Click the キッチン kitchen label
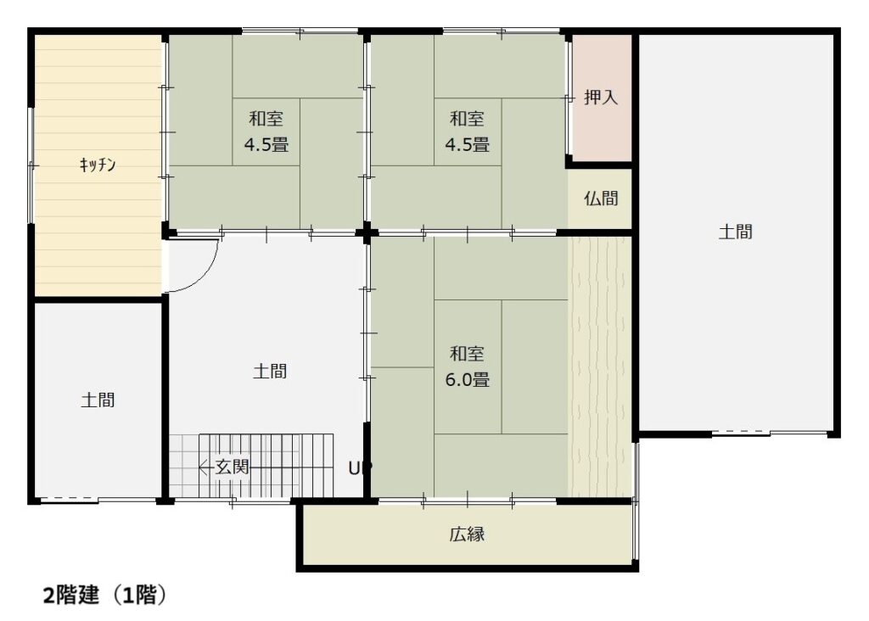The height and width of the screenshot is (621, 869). (x=98, y=165)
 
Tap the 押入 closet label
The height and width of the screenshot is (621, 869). (x=601, y=98)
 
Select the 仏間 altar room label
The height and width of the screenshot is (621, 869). (x=601, y=199)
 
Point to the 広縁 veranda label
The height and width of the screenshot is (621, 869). (x=468, y=534)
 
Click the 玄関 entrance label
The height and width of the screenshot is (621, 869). (x=233, y=467)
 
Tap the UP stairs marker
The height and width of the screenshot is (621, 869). (x=360, y=468)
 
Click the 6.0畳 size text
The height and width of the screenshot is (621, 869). (x=468, y=380)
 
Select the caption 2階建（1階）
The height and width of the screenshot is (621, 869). (x=104, y=596)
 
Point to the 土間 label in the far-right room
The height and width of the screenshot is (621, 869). (x=736, y=232)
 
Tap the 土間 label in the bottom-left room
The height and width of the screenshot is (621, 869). (x=98, y=400)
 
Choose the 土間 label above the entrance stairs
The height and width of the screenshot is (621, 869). (x=270, y=372)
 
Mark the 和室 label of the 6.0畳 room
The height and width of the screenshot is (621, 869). (x=468, y=354)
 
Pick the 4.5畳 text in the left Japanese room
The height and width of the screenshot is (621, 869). (x=266, y=145)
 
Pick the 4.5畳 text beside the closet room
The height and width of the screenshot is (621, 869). (x=468, y=145)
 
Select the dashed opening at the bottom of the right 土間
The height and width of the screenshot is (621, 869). (x=740, y=432)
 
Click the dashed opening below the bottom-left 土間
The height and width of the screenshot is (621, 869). (x=69, y=499)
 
